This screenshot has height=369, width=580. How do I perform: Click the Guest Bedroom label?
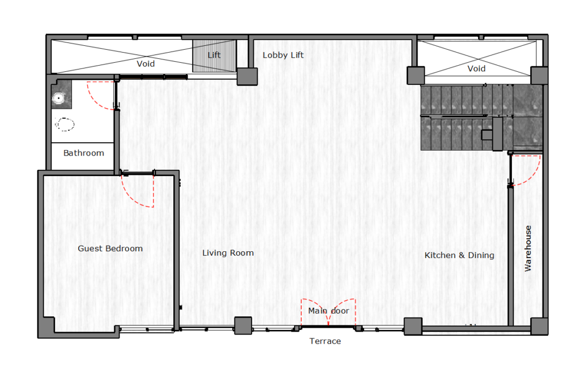coord(110,248)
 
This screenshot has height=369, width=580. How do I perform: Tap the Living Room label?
coord(228,253)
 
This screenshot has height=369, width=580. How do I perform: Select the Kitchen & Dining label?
coord(459,255)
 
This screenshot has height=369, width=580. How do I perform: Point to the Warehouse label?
coord(528,248)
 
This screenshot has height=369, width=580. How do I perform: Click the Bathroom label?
coord(84,153)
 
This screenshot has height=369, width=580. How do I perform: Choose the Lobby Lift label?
coord(283,55)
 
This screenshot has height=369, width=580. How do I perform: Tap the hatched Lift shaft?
coord(214,56)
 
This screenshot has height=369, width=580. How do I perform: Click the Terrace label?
coord(325,341)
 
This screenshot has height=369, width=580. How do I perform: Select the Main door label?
coord(329,311)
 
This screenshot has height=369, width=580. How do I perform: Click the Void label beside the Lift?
coord(146,64)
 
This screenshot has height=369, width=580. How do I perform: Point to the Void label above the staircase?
coord(476,69)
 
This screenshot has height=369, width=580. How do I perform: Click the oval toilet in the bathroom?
coord(65,125)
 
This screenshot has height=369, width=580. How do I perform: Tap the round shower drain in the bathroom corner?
coord(58,98)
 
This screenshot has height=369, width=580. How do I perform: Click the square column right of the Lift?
coord(247,76)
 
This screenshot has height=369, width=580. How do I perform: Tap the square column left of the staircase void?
coord(416,75)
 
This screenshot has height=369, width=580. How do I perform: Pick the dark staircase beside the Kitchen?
coord(481,118)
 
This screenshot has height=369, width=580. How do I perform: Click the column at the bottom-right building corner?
coord(539,327)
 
